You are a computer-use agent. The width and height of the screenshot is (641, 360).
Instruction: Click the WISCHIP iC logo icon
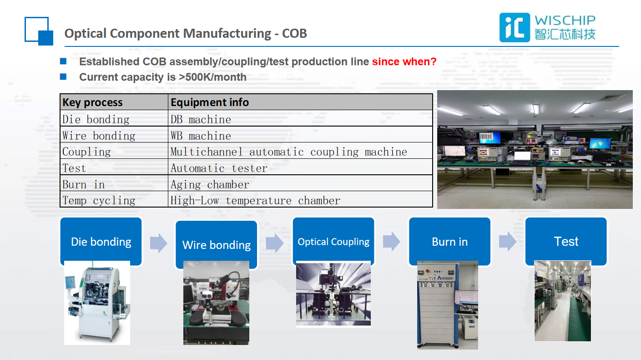[515, 27]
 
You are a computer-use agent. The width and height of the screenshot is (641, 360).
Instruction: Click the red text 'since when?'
[404, 61]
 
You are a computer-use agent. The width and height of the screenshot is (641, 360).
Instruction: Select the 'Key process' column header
[92, 102]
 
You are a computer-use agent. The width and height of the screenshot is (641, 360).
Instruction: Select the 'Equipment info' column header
[210, 102]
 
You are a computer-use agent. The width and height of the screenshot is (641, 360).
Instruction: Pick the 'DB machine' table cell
[201, 119]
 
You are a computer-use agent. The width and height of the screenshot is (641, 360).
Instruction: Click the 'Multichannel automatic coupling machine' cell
[289, 152]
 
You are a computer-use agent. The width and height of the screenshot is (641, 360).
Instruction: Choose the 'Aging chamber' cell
[210, 185]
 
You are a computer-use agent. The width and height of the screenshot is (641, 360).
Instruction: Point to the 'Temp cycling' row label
[99, 201]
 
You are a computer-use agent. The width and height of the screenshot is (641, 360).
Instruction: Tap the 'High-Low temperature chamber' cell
[255, 201]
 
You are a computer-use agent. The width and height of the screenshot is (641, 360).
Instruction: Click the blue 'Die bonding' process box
[101, 241]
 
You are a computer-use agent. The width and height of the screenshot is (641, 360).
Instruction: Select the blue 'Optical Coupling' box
[333, 241]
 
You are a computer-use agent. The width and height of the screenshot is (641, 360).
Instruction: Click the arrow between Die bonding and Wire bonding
[158, 243]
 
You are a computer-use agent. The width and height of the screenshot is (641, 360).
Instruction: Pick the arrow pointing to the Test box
[508, 242]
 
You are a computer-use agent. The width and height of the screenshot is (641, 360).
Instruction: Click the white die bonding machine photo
[97, 303]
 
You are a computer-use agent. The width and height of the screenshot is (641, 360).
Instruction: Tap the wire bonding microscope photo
[217, 303]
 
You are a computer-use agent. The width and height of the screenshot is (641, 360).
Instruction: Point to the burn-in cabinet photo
[448, 305]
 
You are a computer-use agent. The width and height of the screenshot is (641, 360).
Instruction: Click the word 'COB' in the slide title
[294, 34]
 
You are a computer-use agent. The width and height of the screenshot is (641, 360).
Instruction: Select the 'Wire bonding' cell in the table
[99, 136]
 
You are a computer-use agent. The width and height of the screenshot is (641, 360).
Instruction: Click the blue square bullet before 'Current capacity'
[63, 77]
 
